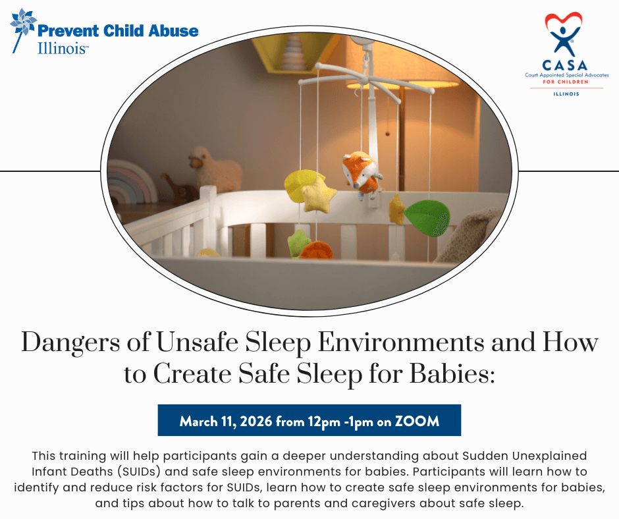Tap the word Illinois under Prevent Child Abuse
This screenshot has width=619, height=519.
pyautogui.click(x=63, y=49)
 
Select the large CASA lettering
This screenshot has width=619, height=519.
pyautogui.click(x=565, y=65)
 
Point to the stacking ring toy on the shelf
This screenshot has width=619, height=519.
pyautogui.click(x=294, y=51)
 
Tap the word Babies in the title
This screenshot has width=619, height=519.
pyautogui.click(x=452, y=373)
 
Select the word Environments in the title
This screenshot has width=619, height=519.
pyautogui.click(x=401, y=342)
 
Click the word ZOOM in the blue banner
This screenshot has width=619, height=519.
pyautogui.click(x=417, y=421)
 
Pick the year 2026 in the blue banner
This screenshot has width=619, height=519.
pyautogui.click(x=256, y=421)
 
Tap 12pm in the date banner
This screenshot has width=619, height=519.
pyautogui.click(x=324, y=422)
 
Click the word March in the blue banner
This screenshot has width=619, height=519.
pyautogui.click(x=199, y=421)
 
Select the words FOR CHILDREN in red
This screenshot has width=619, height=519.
pyautogui.click(x=565, y=82)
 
